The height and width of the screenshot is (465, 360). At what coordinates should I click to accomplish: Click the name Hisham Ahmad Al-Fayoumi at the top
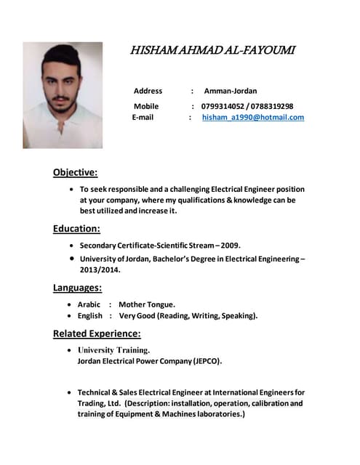(212, 50)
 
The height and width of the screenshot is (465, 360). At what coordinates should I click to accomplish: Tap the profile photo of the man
(63, 94)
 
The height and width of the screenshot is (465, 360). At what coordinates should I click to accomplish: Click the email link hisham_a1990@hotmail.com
(253, 117)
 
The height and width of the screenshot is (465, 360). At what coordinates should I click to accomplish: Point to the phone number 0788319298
(272, 106)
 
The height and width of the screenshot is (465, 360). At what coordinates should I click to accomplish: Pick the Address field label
(148, 91)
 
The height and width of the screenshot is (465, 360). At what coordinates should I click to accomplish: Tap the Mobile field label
(145, 106)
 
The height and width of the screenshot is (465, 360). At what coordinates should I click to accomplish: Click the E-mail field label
(143, 117)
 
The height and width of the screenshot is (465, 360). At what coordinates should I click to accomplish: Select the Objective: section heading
(75, 172)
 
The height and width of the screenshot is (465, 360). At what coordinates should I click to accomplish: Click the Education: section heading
(76, 229)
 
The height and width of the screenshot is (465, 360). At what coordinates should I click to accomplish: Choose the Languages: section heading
(77, 287)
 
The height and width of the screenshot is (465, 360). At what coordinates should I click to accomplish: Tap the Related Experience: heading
(97, 333)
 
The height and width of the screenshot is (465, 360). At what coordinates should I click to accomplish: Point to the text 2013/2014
(100, 270)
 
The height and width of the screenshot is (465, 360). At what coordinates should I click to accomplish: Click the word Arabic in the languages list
(89, 304)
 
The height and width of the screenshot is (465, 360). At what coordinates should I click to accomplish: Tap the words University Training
(113, 349)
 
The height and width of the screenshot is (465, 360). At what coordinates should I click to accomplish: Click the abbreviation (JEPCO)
(207, 360)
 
